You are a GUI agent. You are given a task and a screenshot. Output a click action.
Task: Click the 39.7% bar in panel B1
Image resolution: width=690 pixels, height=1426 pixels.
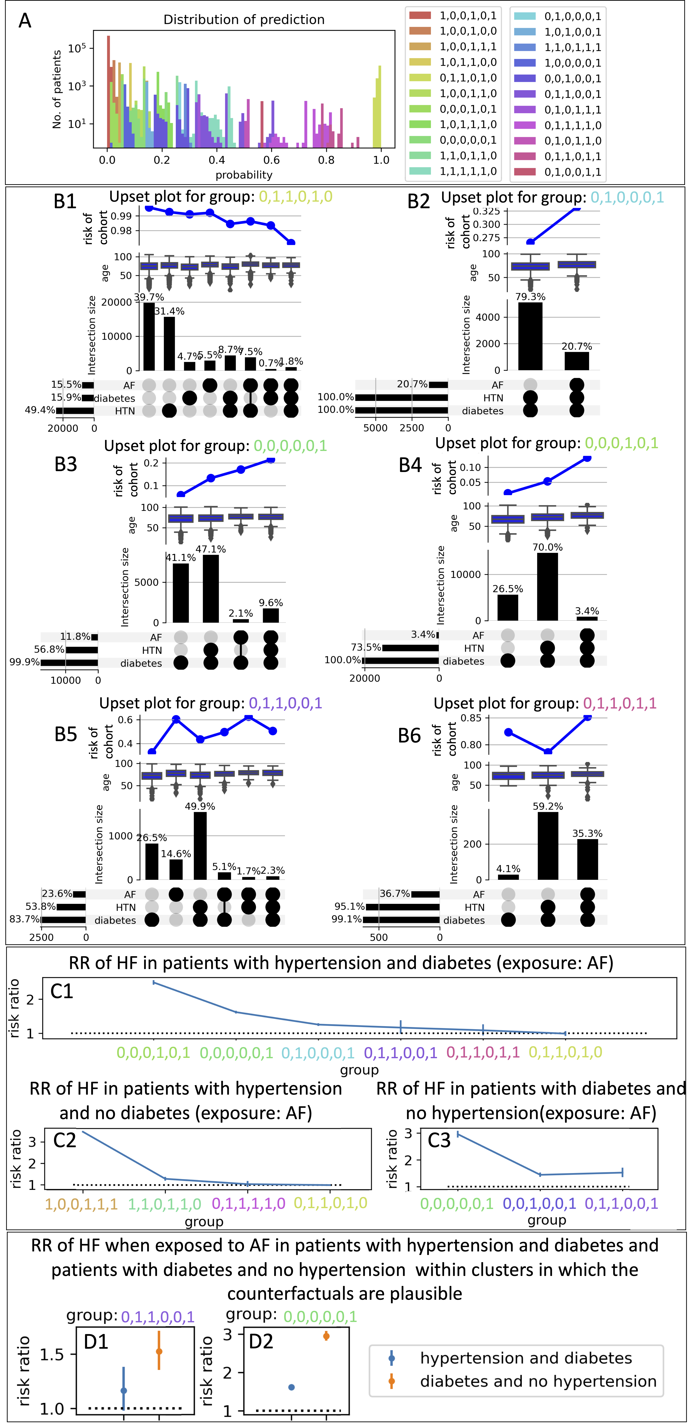149,337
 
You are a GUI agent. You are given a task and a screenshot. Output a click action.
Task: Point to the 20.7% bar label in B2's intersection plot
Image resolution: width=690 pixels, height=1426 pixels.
576,347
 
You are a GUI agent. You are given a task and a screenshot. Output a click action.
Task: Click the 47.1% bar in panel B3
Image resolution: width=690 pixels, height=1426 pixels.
211,588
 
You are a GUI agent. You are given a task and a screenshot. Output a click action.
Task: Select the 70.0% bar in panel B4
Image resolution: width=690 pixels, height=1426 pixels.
547,587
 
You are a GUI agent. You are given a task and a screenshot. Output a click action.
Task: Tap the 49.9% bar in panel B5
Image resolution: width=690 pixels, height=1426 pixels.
200,846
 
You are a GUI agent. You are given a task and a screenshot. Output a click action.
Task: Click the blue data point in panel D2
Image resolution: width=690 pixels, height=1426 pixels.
292,1387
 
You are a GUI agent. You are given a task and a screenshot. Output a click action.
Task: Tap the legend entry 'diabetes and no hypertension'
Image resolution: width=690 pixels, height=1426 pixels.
538,1381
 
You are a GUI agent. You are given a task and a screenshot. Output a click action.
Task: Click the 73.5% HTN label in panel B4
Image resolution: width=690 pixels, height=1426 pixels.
366,647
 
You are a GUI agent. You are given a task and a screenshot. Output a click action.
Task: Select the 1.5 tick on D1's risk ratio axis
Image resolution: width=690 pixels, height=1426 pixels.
52,1355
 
